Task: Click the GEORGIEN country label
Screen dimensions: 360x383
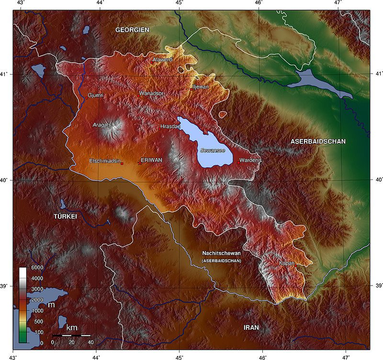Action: [132, 30]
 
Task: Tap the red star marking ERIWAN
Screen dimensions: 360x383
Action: [139, 163]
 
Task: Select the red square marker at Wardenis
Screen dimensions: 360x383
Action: [238, 163]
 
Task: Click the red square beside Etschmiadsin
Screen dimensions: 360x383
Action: [122, 163]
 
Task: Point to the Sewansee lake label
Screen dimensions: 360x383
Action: [213, 151]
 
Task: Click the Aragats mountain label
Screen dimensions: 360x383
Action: [101, 125]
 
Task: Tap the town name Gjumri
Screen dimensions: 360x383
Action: [96, 95]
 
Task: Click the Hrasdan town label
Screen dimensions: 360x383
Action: [170, 126]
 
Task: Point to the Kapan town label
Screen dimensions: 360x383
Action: [287, 263]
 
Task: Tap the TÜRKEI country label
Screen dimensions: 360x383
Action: [65, 217]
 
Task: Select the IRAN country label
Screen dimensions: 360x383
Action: [251, 327]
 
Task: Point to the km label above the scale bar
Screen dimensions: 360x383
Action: [72, 327]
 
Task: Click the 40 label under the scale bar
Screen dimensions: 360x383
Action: [90, 342]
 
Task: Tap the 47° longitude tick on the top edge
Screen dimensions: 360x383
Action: [338, 4]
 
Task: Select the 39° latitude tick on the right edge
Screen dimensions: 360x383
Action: [378, 286]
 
